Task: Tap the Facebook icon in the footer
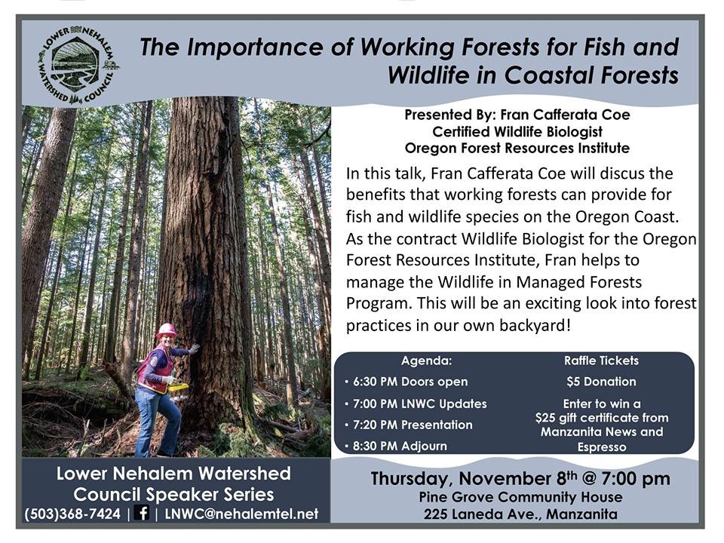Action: tap(143, 512)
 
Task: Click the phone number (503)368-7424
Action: tap(72, 514)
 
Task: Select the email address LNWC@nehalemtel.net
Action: tap(241, 514)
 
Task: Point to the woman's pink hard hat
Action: tap(167, 330)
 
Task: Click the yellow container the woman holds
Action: tap(179, 389)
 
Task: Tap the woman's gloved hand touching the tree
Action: tap(195, 348)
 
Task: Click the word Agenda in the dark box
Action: tap(426, 360)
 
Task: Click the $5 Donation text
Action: tap(601, 382)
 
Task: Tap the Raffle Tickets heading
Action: tap(601, 360)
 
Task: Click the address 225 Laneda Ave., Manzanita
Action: tap(520, 514)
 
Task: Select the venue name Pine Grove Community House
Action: tap(520, 497)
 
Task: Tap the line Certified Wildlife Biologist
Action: tap(517, 131)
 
